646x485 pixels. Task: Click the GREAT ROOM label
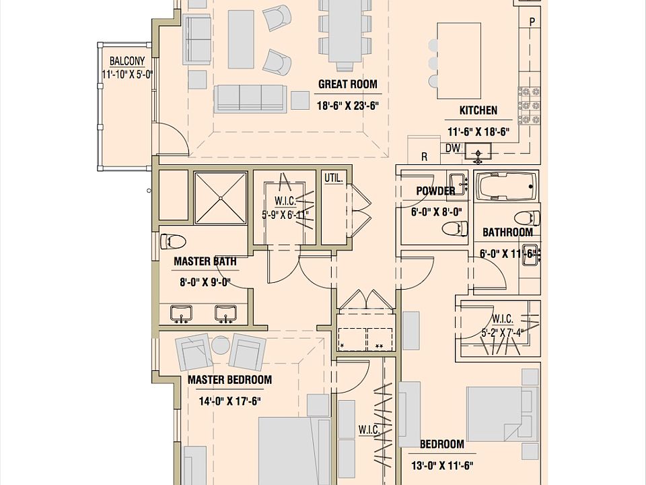click(347, 85)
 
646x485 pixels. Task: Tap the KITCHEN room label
click(478, 110)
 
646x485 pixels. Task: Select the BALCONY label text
click(127, 60)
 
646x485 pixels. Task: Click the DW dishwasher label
click(452, 148)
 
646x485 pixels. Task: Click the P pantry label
click(532, 22)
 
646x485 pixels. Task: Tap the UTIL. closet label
click(334, 179)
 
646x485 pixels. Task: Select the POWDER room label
click(435, 191)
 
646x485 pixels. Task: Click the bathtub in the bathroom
click(507, 185)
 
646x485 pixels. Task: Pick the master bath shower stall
click(220, 197)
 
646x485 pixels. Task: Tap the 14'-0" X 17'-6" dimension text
click(229, 401)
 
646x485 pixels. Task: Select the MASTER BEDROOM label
click(229, 380)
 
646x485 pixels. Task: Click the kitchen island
click(459, 61)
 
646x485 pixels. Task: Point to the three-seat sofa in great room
click(249, 99)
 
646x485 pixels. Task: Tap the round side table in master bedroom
click(221, 346)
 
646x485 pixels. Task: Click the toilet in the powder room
click(454, 228)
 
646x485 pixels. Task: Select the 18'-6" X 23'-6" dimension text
click(348, 105)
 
